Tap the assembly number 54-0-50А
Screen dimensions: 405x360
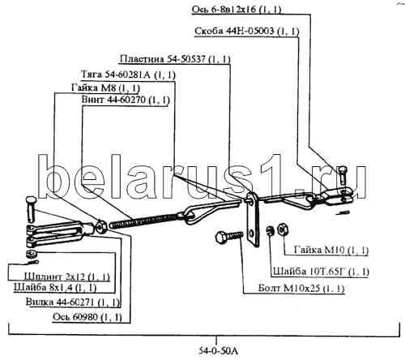pyautogui.click(x=219, y=351)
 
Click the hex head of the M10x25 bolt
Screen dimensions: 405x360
pyautogui.click(x=222, y=238)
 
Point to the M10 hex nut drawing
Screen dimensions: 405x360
pyautogui.click(x=283, y=230)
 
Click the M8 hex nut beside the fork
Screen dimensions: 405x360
pyautogui.click(x=102, y=226)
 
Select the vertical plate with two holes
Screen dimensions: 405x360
pyautogui.click(x=254, y=220)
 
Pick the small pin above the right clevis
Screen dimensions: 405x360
pyautogui.click(x=343, y=174)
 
